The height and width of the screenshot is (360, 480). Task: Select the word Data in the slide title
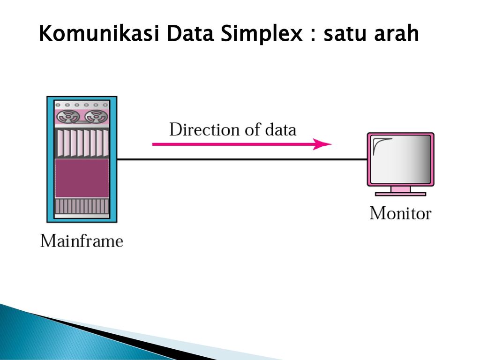(x=190, y=33)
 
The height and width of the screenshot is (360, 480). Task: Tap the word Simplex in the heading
(x=262, y=34)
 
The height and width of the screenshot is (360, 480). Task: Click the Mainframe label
(x=82, y=241)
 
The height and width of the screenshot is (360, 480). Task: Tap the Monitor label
(x=400, y=213)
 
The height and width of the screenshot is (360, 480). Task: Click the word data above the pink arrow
(x=281, y=129)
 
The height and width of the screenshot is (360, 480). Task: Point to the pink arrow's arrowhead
(x=322, y=144)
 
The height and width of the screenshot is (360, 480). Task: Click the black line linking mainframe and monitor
(x=242, y=159)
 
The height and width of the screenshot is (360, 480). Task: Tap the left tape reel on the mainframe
(x=68, y=116)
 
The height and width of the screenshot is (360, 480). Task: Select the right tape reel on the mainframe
(x=97, y=116)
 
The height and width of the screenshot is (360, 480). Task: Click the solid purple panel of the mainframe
(x=82, y=178)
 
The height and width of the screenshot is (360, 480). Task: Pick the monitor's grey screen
(x=401, y=159)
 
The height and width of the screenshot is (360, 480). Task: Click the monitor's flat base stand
(x=400, y=194)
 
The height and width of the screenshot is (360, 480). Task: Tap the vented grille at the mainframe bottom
(x=82, y=206)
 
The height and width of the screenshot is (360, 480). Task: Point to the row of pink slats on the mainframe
(x=82, y=143)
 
